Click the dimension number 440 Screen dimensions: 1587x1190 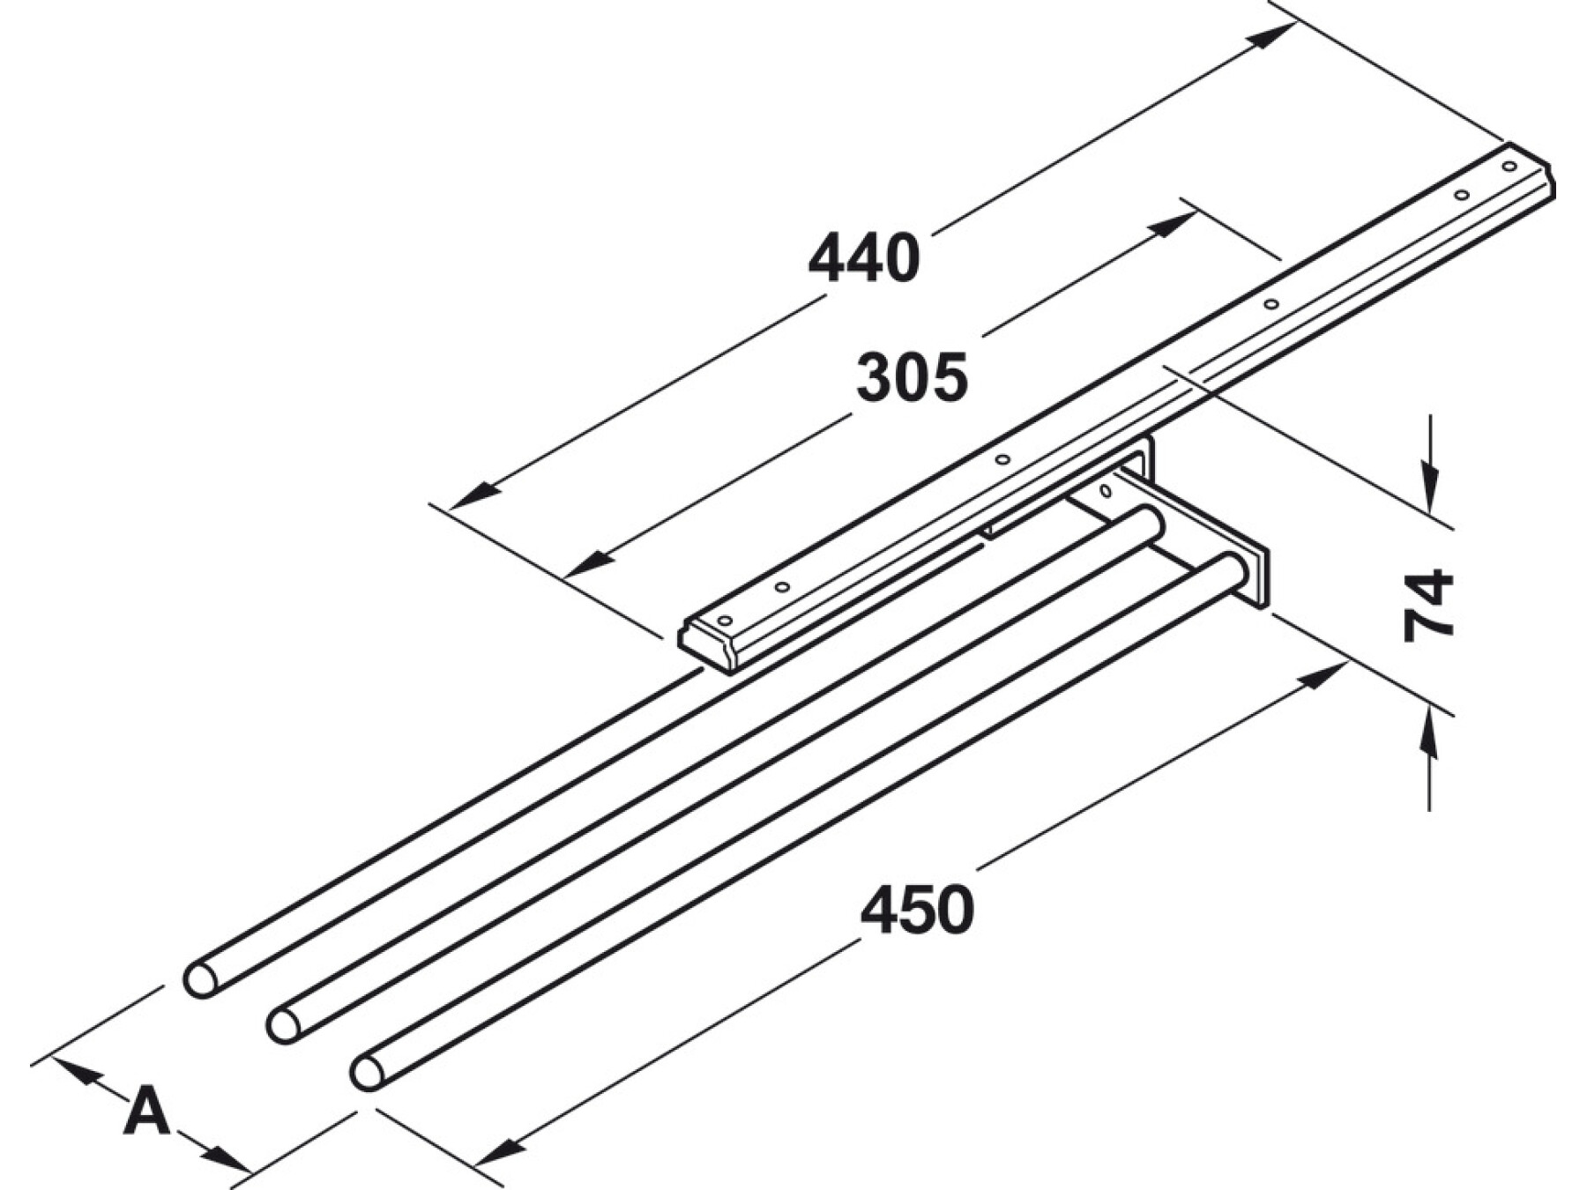(864, 258)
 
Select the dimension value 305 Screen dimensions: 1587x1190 (912, 378)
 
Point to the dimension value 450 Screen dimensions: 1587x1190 (918, 911)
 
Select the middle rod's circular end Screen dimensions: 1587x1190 (284, 1026)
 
